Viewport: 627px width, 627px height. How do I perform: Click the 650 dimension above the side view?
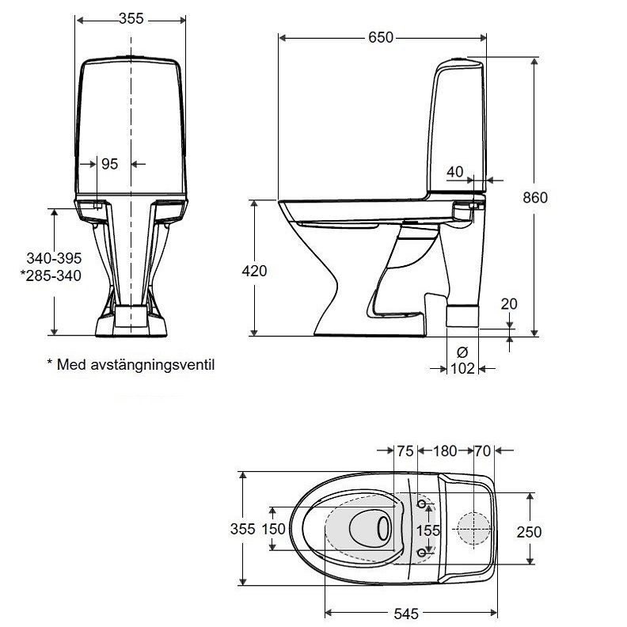click(x=381, y=37)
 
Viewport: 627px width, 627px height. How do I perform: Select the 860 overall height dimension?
click(x=536, y=198)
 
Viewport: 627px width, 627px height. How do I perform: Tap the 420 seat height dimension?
click(x=254, y=271)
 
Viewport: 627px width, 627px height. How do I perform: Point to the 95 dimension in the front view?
click(x=109, y=164)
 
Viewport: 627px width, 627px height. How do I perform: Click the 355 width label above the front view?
click(x=131, y=19)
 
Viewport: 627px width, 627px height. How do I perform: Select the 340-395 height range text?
click(x=54, y=259)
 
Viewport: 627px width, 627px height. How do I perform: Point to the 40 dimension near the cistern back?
click(x=454, y=172)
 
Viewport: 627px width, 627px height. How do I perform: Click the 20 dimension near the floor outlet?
click(x=508, y=304)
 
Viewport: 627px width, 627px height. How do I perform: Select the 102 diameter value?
click(x=462, y=368)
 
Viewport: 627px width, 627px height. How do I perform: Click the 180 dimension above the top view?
click(x=445, y=451)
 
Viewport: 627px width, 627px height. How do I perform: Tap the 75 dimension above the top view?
click(x=405, y=451)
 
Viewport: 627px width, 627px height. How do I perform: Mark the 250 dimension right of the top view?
click(x=530, y=532)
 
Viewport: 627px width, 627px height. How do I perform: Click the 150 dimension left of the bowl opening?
click(x=273, y=530)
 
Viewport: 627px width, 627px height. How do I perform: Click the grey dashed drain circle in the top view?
click(x=473, y=530)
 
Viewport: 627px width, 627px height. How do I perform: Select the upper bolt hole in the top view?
click(x=422, y=505)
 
